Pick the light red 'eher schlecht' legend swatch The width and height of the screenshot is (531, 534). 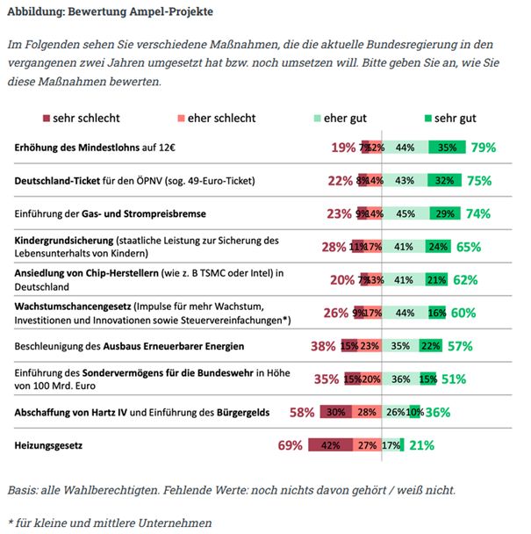pyautogui.click(x=183, y=118)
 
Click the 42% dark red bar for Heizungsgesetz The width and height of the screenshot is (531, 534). pyautogui.click(x=331, y=445)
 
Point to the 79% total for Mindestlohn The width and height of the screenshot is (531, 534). pyautogui.click(x=483, y=148)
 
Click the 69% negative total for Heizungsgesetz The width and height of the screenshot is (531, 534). pyautogui.click(x=291, y=445)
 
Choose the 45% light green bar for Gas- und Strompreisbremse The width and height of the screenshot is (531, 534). pyautogui.click(x=406, y=213)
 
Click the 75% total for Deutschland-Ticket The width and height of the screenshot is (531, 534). pyautogui.click(x=479, y=181)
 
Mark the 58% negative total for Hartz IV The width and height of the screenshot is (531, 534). pyautogui.click(x=302, y=412)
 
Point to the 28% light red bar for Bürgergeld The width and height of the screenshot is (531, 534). pyautogui.click(x=367, y=412)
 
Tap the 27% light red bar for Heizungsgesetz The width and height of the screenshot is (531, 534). pyautogui.click(x=368, y=445)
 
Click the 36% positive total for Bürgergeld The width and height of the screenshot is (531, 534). pyautogui.click(x=438, y=412)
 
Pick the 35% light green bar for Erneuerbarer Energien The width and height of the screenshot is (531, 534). pyautogui.click(x=401, y=346)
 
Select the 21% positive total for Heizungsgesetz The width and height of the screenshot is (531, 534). pyautogui.click(x=421, y=445)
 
